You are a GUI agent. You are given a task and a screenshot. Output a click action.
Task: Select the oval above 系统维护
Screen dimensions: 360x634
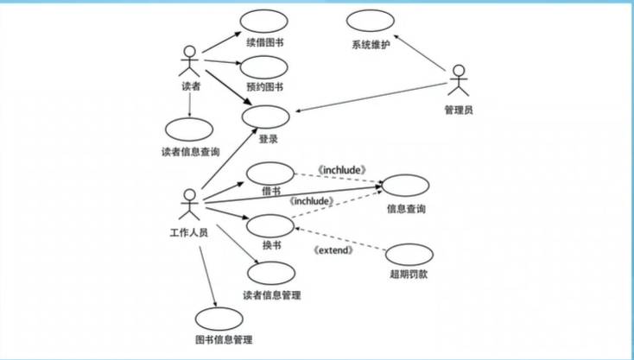[371, 22]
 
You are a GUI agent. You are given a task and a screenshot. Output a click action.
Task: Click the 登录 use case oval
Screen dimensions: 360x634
[267, 117]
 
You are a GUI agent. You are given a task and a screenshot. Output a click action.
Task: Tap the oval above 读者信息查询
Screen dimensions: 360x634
[189, 129]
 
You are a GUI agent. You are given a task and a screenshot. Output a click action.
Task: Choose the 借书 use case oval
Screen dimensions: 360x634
[269, 173]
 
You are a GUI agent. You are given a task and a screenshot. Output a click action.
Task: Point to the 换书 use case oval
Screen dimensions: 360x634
[270, 226]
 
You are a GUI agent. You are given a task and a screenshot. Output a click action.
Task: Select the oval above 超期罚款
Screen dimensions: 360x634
[409, 256]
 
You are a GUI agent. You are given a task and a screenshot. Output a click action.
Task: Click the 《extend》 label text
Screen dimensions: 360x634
[332, 250]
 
